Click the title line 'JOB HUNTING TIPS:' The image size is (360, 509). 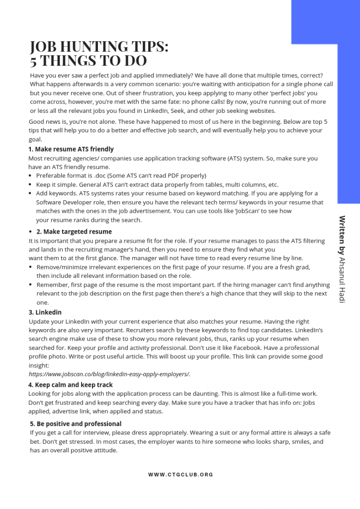pos(99,46)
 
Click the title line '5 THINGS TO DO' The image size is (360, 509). pos(88,61)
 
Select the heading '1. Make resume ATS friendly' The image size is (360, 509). pos(71,149)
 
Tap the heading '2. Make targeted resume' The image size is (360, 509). pos(74,232)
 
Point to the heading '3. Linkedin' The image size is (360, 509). pos(45,312)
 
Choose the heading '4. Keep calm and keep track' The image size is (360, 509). pos(71,385)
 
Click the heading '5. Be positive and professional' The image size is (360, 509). pos(76,424)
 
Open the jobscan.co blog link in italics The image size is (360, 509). pos(109,374)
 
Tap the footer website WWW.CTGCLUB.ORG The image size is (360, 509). pos(180,475)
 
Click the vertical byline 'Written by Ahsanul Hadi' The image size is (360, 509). pos(342,259)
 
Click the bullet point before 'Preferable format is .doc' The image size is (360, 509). pos(30,175)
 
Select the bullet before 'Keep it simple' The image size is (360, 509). pos(30,184)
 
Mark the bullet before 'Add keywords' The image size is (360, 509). pos(30,193)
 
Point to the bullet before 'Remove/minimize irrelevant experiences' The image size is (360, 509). pos(31,267)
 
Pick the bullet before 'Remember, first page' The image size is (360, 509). pos(31,285)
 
